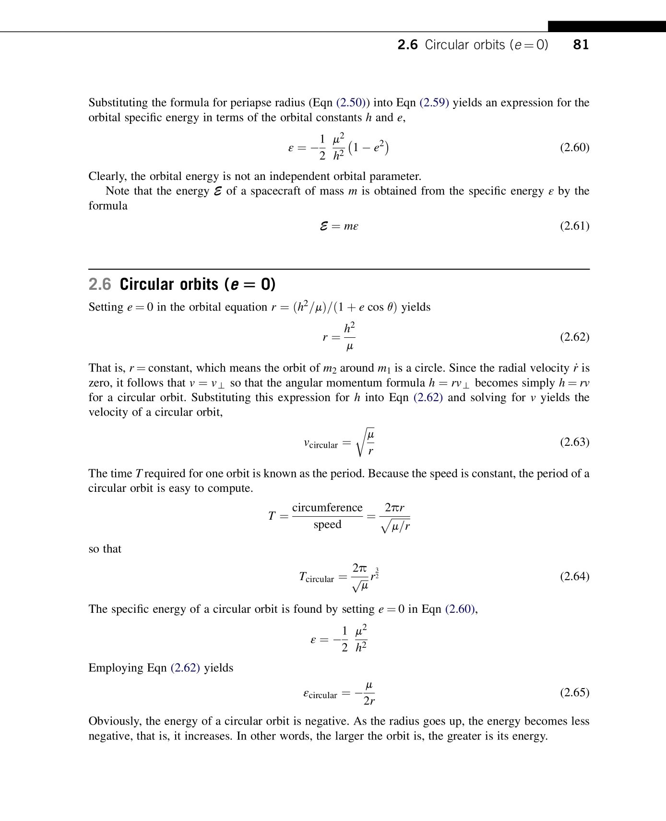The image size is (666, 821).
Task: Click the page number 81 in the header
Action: (581, 45)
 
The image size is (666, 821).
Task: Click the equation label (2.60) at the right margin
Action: (574, 147)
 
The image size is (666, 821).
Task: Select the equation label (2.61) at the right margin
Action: (574, 226)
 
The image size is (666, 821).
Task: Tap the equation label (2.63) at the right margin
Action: (574, 441)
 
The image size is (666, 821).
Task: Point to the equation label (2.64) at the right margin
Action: (574, 576)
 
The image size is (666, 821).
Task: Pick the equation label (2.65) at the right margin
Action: (574, 692)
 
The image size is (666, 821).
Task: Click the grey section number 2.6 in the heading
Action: (100, 284)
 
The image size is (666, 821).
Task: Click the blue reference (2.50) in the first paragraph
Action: (352, 103)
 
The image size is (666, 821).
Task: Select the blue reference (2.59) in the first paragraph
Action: (434, 103)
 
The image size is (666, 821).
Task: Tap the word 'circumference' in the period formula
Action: (327, 508)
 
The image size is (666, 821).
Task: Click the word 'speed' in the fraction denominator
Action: (327, 524)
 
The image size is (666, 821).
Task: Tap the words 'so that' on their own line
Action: (105, 549)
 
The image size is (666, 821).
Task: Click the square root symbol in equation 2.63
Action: (360, 442)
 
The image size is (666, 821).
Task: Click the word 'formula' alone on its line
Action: (108, 206)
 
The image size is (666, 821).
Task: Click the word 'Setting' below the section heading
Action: (106, 307)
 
